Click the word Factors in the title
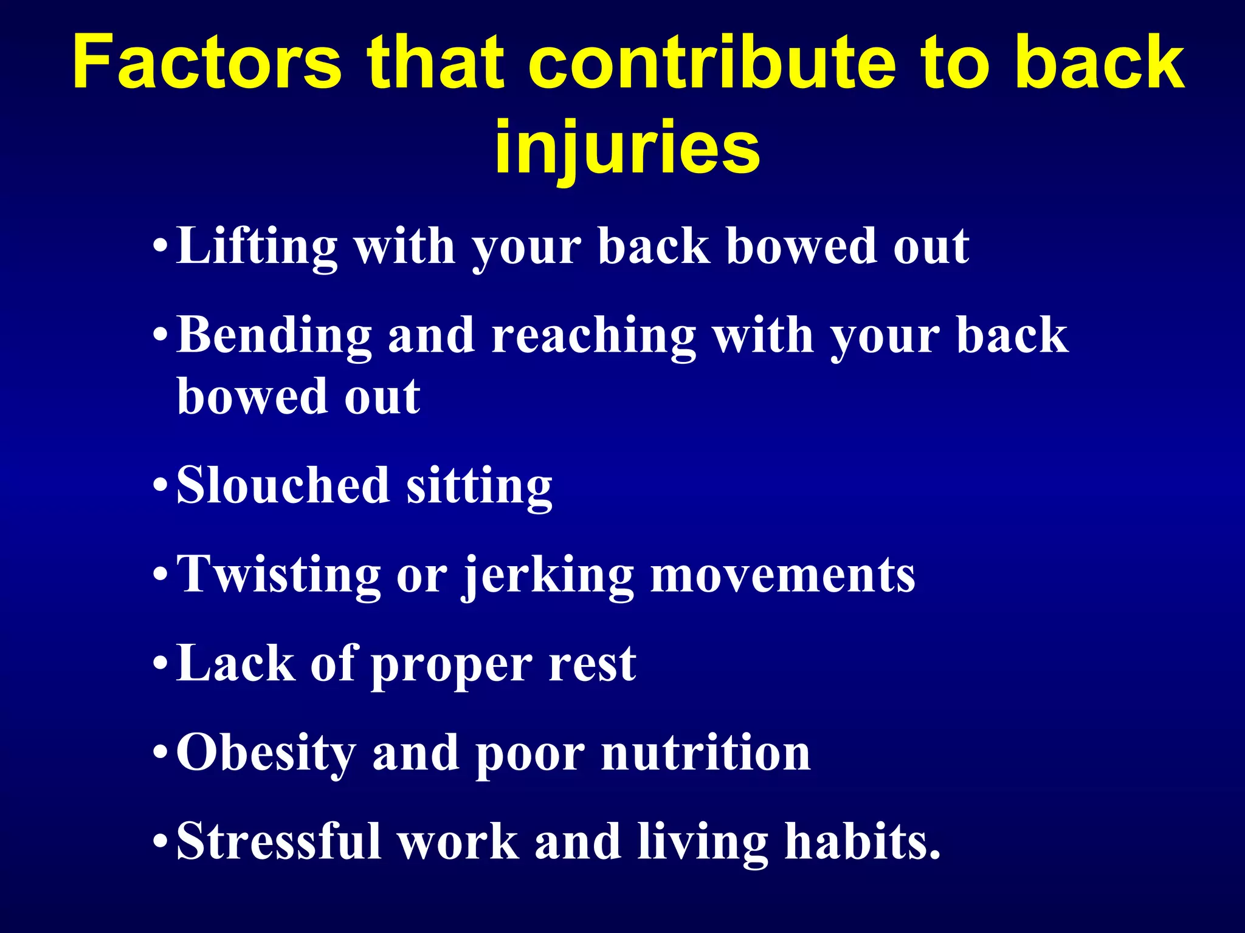point(207,63)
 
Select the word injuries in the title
point(627,148)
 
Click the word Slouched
point(283,486)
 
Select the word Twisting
point(278,576)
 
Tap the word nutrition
point(706,753)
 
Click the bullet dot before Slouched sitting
point(160,487)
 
